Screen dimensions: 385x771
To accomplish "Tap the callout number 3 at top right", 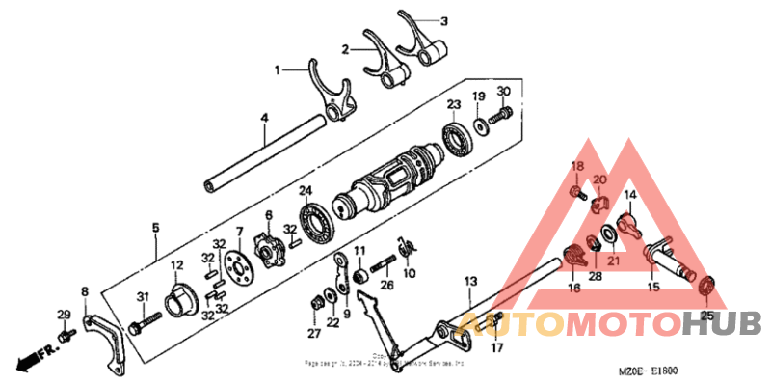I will (443, 20).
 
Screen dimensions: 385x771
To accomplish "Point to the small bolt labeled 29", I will (67, 336).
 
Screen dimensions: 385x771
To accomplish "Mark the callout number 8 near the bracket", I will (85, 290).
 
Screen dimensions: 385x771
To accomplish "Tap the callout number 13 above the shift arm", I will (470, 281).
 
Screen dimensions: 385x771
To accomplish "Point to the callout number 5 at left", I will (156, 229).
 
